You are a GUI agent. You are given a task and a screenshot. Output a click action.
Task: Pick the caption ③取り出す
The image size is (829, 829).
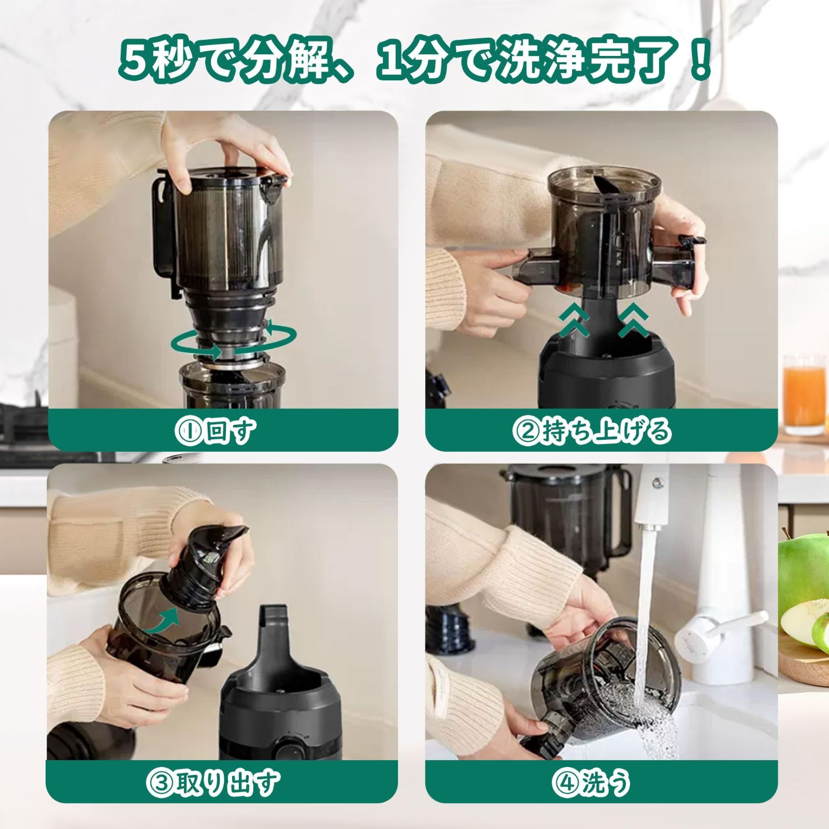coord(212,783)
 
